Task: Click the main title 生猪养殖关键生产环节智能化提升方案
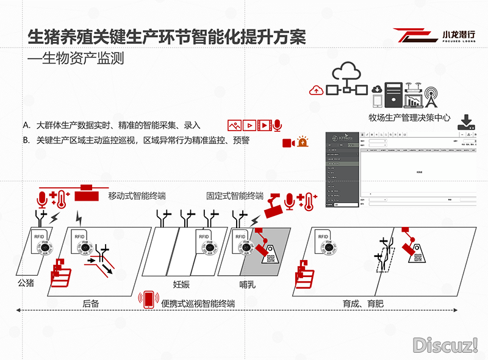(167, 37)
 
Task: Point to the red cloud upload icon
(316, 90)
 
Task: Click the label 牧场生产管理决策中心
(409, 118)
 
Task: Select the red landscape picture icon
(234, 125)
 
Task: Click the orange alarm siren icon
(303, 142)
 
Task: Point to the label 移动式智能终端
(137, 196)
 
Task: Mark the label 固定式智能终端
(235, 196)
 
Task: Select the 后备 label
(90, 303)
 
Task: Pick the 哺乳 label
(248, 284)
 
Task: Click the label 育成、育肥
(365, 303)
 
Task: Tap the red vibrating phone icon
(148, 300)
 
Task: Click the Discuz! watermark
(446, 345)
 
